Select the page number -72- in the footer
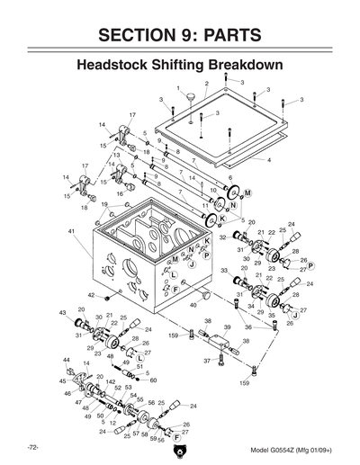(32, 447)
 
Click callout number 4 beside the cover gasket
(269, 158)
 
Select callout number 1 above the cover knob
(180, 87)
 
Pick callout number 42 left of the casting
(91, 295)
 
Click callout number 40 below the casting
(192, 306)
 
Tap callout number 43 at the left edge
(63, 312)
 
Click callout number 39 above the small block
(227, 328)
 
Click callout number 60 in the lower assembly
(153, 380)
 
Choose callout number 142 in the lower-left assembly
(108, 382)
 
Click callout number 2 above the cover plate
(206, 84)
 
